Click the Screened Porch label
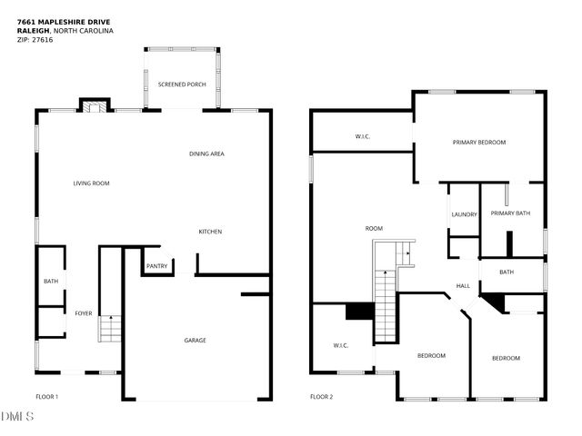[182, 84]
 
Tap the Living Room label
[91, 183]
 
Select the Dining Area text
[206, 154]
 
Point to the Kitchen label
[210, 232]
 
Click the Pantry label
[156, 266]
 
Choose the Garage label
[195, 341]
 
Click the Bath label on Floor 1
[50, 282]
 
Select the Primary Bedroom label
[479, 143]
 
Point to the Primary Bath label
[510, 213]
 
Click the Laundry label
[464, 214]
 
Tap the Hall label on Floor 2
[463, 285]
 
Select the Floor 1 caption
[47, 397]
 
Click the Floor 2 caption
[321, 397]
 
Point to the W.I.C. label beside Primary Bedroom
[363, 137]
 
